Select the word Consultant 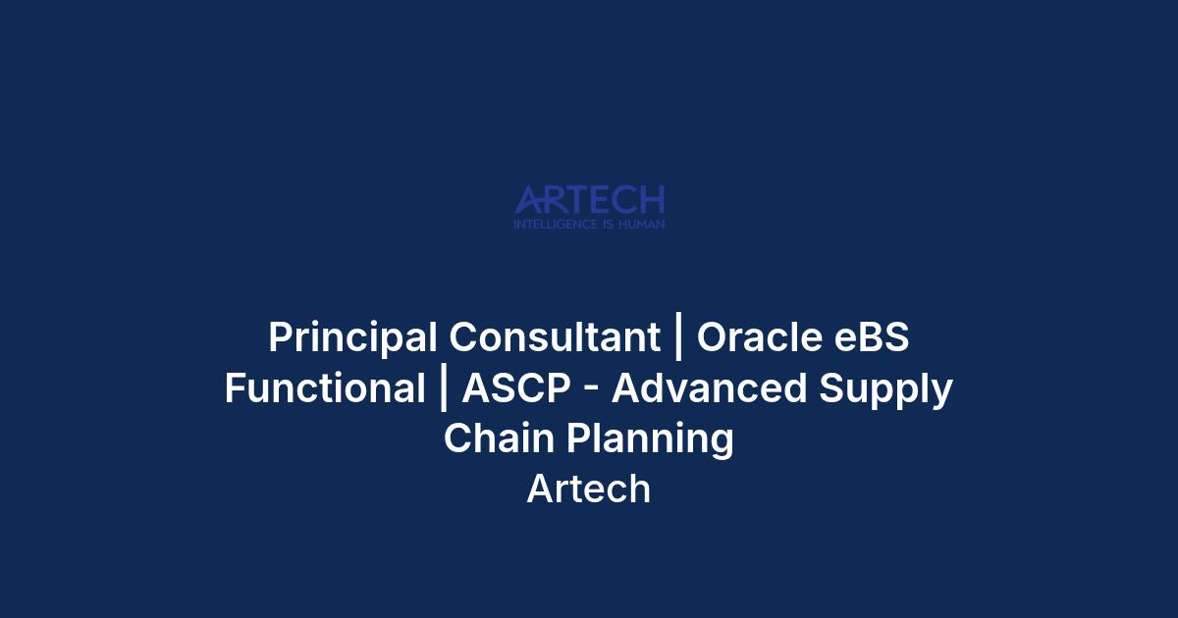tap(555, 336)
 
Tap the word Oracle tap(760, 336)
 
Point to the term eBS tap(872, 336)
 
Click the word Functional tap(325, 387)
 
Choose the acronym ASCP tap(516, 387)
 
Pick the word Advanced tap(709, 387)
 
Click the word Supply tap(886, 390)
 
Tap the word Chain tap(499, 438)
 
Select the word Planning tap(650, 439)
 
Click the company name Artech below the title tap(589, 489)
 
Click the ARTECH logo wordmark tap(590, 199)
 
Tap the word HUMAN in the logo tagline tap(642, 225)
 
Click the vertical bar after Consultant tap(679, 336)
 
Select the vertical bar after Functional tap(444, 387)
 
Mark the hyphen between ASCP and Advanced tap(591, 391)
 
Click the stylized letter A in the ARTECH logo tap(527, 200)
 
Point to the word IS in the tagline tap(608, 225)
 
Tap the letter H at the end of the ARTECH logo tap(653, 199)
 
